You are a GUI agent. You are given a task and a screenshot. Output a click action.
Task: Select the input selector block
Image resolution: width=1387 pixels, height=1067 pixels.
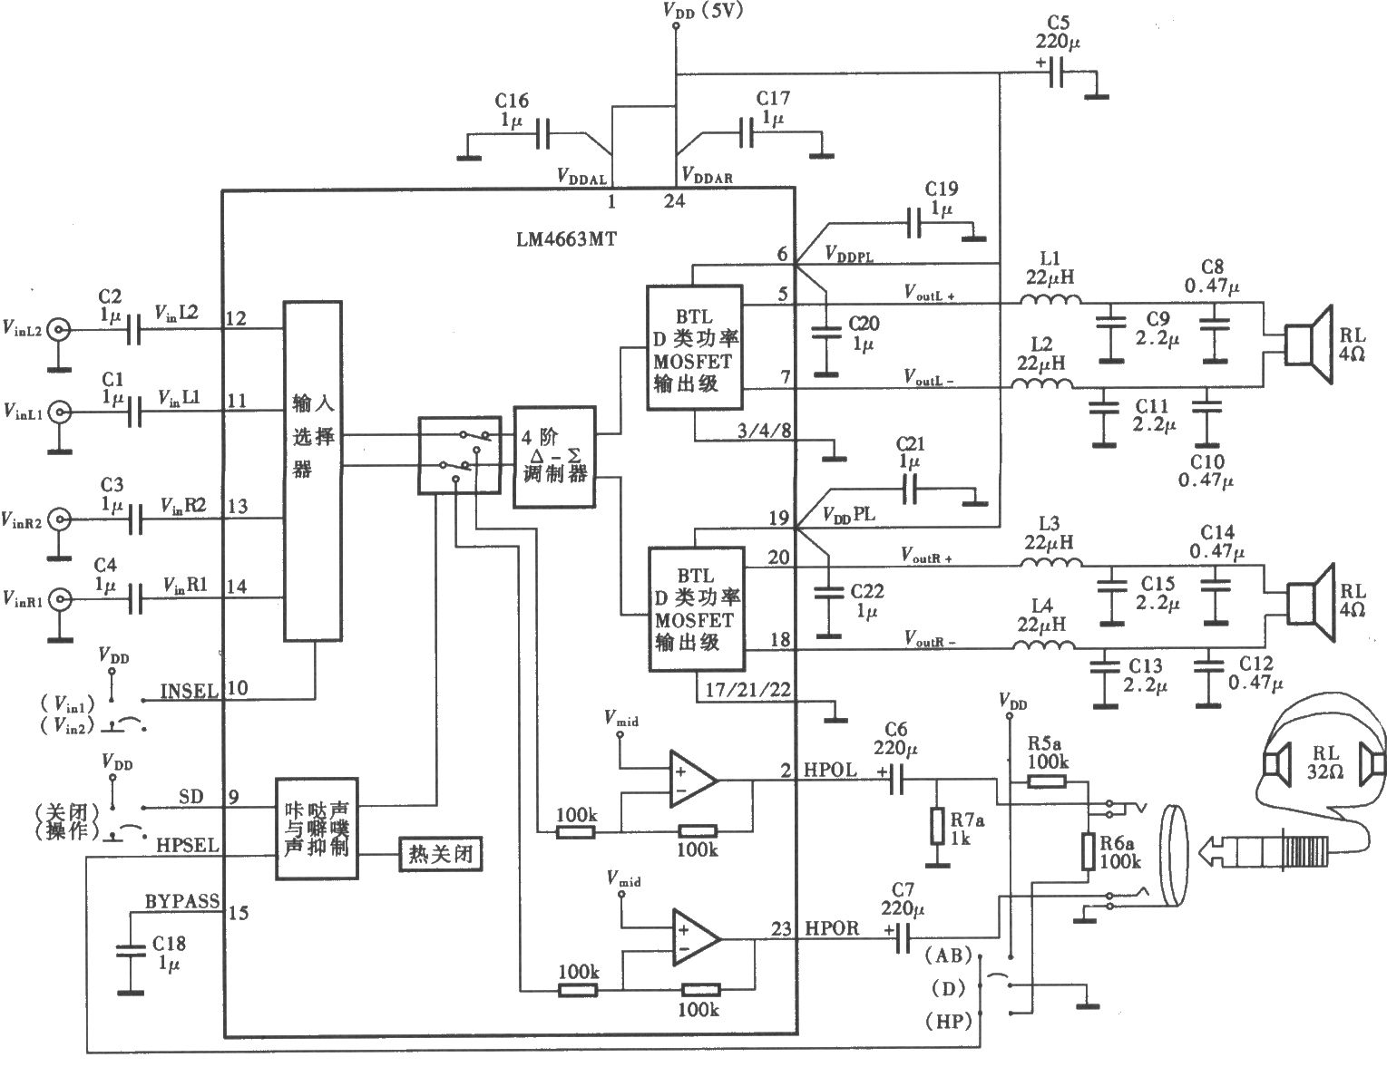pyautogui.click(x=314, y=471)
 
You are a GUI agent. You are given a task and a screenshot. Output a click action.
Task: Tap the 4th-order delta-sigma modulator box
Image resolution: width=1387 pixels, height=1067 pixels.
pyautogui.click(x=554, y=457)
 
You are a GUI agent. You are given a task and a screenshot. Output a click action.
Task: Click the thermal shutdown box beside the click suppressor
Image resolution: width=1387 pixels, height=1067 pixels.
pyautogui.click(x=440, y=854)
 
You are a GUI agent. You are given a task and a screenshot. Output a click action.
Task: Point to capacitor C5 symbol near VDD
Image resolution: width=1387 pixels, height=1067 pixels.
pyautogui.click(x=1056, y=73)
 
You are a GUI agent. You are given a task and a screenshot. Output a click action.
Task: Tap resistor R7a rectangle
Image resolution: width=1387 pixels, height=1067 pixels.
pyautogui.click(x=938, y=827)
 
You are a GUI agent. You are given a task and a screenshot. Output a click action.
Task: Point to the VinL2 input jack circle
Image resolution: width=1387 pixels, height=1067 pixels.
pyautogui.click(x=60, y=330)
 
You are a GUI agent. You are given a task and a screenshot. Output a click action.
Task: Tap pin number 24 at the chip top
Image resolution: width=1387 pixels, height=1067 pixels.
pyautogui.click(x=674, y=201)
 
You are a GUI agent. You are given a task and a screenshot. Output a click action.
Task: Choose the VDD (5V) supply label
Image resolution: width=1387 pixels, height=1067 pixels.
pyautogui.click(x=702, y=12)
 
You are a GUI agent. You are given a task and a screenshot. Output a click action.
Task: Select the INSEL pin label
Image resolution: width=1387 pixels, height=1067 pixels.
pyautogui.click(x=190, y=691)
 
